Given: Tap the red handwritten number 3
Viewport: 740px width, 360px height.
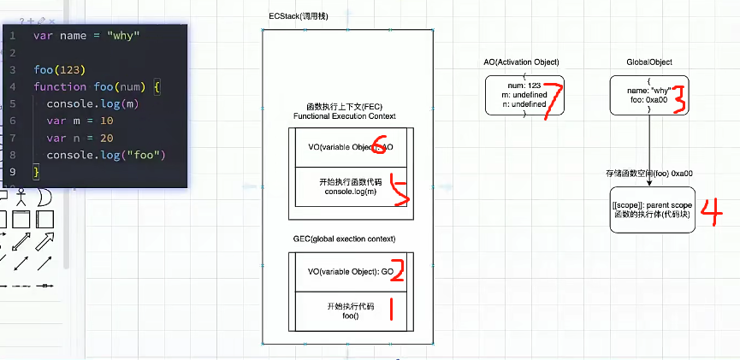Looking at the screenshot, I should coord(679,97).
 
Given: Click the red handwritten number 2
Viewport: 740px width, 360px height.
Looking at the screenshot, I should coord(394,273).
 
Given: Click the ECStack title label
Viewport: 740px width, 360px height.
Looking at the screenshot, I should coord(297,18).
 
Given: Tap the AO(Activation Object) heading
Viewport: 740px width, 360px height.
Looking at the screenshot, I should coord(521,62).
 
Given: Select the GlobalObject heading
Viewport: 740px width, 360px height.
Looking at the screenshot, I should coord(648,62).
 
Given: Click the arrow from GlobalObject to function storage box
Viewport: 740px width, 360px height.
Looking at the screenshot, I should coord(649,145).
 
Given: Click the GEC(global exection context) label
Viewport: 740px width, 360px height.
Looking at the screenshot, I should coord(344,238).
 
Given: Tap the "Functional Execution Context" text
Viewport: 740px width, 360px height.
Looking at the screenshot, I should coord(344,115).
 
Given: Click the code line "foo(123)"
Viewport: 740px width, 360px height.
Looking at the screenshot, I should coord(60,69).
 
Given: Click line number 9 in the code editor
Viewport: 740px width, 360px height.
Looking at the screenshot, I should coord(12,172).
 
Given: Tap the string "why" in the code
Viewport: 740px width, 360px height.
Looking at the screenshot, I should coord(122,35).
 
